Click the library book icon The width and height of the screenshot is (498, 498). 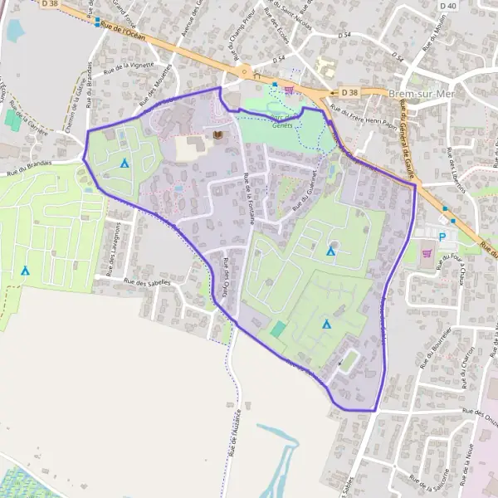click(218, 135)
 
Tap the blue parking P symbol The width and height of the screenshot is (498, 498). click(442, 237)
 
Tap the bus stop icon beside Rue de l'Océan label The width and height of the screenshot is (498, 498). click(97, 22)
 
